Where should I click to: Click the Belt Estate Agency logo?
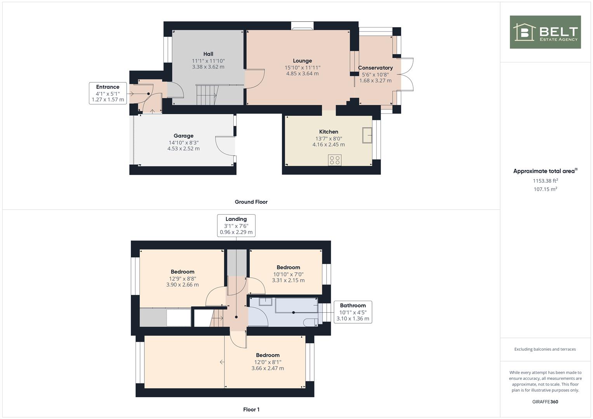[545, 32]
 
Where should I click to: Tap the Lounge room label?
[302, 61]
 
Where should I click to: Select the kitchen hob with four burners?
[335, 160]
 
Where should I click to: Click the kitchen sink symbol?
[367, 135]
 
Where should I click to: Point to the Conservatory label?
[376, 68]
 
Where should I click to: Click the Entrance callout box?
[108, 93]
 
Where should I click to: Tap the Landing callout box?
[236, 225]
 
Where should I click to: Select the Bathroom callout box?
[353, 312]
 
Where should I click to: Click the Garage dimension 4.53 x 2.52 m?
[183, 149]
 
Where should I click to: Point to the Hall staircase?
[207, 95]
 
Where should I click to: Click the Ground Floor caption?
[251, 202]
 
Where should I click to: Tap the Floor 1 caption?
[251, 409]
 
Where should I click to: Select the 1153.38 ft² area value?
[545, 181]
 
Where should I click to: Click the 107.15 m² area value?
[545, 189]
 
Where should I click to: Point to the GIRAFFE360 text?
[545, 402]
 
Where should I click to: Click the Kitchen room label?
[329, 132]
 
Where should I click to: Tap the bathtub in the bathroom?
[297, 305]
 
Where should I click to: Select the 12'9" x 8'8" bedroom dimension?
[183, 279]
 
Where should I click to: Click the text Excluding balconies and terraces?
[545, 349]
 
